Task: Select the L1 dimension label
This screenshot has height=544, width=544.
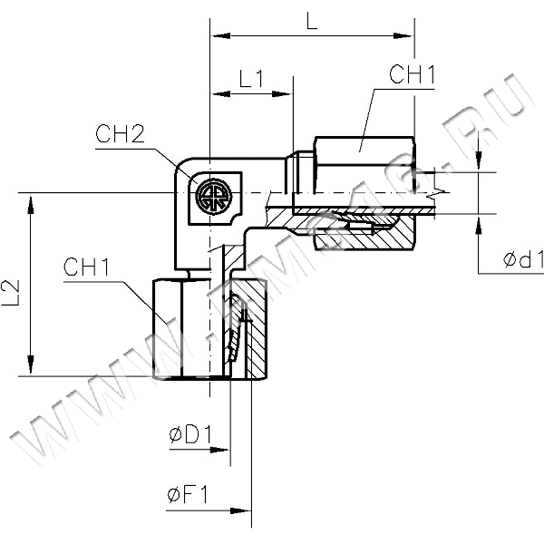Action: (251, 79)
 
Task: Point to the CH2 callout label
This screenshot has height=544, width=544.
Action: (120, 136)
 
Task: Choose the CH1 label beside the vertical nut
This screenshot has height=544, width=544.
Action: (87, 267)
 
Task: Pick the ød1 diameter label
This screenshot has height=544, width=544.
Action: (522, 260)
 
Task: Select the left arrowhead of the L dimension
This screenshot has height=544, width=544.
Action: (218, 36)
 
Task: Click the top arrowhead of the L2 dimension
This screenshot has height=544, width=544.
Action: (33, 200)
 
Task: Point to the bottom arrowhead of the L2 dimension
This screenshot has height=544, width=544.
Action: (33, 369)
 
